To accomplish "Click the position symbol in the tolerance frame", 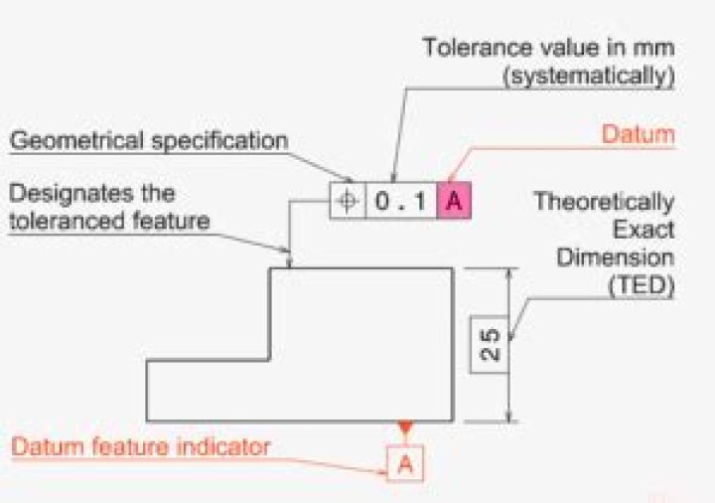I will tap(347, 201).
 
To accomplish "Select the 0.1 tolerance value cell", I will tap(401, 201).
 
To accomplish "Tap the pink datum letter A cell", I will tap(453, 201).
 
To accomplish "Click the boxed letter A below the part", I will tap(404, 462).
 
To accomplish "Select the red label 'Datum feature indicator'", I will tap(140, 446).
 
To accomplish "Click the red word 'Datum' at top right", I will tap(640, 133).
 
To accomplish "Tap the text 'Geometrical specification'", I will tap(149, 140).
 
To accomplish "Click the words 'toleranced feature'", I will tap(110, 221).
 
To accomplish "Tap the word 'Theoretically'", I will tap(604, 202).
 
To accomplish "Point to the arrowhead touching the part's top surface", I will tap(289, 262).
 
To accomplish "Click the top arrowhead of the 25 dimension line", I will tap(510, 274).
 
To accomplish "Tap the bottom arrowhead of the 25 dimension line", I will tap(510, 415).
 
